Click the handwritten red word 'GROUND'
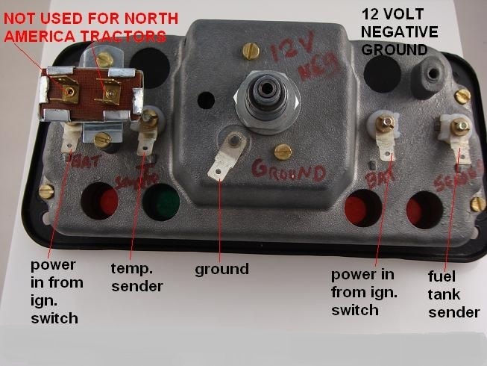[289, 172]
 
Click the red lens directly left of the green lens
[104, 202]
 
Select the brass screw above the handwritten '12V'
[249, 52]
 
